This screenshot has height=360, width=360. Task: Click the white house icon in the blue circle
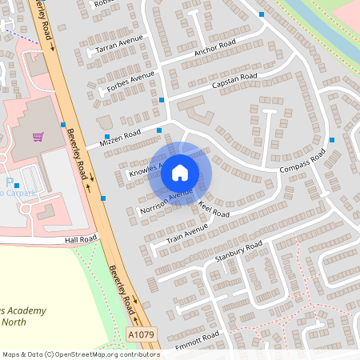point(180,172)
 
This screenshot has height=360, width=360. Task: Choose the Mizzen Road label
point(120,138)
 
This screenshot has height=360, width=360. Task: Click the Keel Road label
point(214,210)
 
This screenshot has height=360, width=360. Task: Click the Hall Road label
point(81,238)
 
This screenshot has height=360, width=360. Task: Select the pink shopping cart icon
point(38,137)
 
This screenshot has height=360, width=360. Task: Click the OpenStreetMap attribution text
point(80,354)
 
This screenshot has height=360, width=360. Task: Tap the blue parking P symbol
point(10,183)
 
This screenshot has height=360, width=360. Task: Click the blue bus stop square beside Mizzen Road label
point(107,138)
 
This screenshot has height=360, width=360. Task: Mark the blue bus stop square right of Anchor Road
point(262,14)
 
